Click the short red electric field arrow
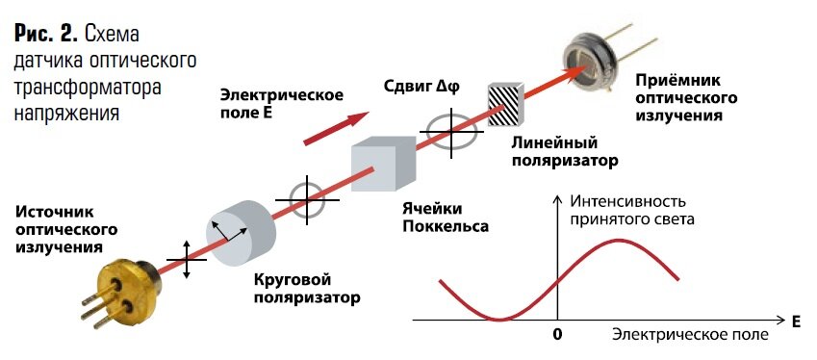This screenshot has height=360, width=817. click(x=336, y=128)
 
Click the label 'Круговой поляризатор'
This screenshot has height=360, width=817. click(x=307, y=288)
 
